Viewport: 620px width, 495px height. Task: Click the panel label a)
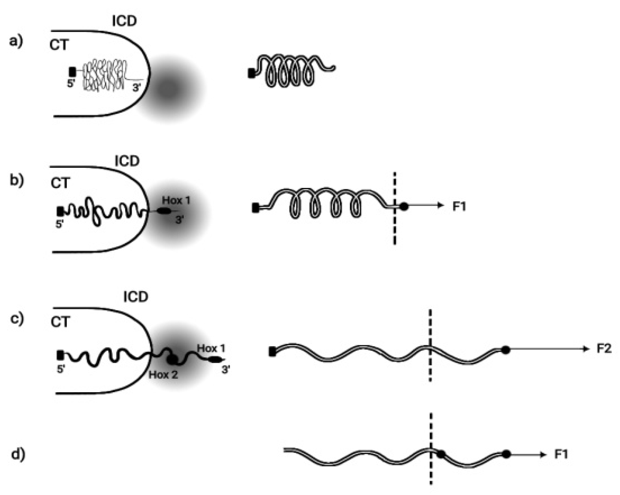click(x=16, y=42)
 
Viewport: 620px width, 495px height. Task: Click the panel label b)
click(x=16, y=181)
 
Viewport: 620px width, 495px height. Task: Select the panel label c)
click(x=16, y=319)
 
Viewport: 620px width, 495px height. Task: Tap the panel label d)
click(x=18, y=454)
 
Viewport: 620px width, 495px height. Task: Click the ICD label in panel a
click(x=124, y=21)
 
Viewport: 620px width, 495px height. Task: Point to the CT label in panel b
click(x=60, y=183)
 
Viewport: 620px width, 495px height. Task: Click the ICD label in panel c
click(x=135, y=297)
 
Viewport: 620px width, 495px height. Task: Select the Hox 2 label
click(x=163, y=375)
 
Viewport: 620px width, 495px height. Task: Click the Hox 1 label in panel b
click(x=176, y=200)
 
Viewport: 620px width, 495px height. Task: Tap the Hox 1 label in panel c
click(x=211, y=348)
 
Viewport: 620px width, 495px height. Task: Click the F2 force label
click(x=604, y=349)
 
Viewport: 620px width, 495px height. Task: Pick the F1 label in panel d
click(x=561, y=454)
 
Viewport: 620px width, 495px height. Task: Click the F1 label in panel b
click(x=459, y=206)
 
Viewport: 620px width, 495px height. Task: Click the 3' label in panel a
click(x=137, y=87)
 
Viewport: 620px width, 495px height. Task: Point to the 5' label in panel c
click(x=61, y=370)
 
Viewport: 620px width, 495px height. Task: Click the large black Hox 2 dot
click(x=172, y=360)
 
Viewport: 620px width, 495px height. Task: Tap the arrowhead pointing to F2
click(x=587, y=349)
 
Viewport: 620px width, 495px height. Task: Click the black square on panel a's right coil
click(x=251, y=74)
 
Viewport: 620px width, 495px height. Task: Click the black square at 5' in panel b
click(x=60, y=211)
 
